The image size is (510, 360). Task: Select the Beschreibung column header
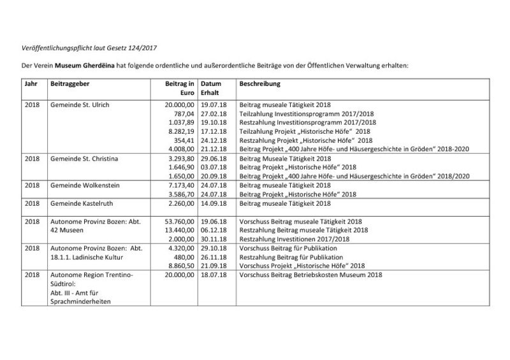(x=259, y=83)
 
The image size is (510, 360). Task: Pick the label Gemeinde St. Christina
(x=82, y=157)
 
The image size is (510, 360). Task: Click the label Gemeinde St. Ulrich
(x=75, y=103)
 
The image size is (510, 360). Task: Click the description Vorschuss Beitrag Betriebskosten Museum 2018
(x=310, y=275)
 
